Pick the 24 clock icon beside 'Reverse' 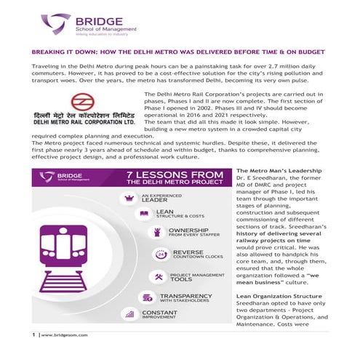[161, 255]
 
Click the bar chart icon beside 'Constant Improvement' [129, 315]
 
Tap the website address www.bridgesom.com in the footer [60, 335]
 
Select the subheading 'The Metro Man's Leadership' [250, 170]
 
